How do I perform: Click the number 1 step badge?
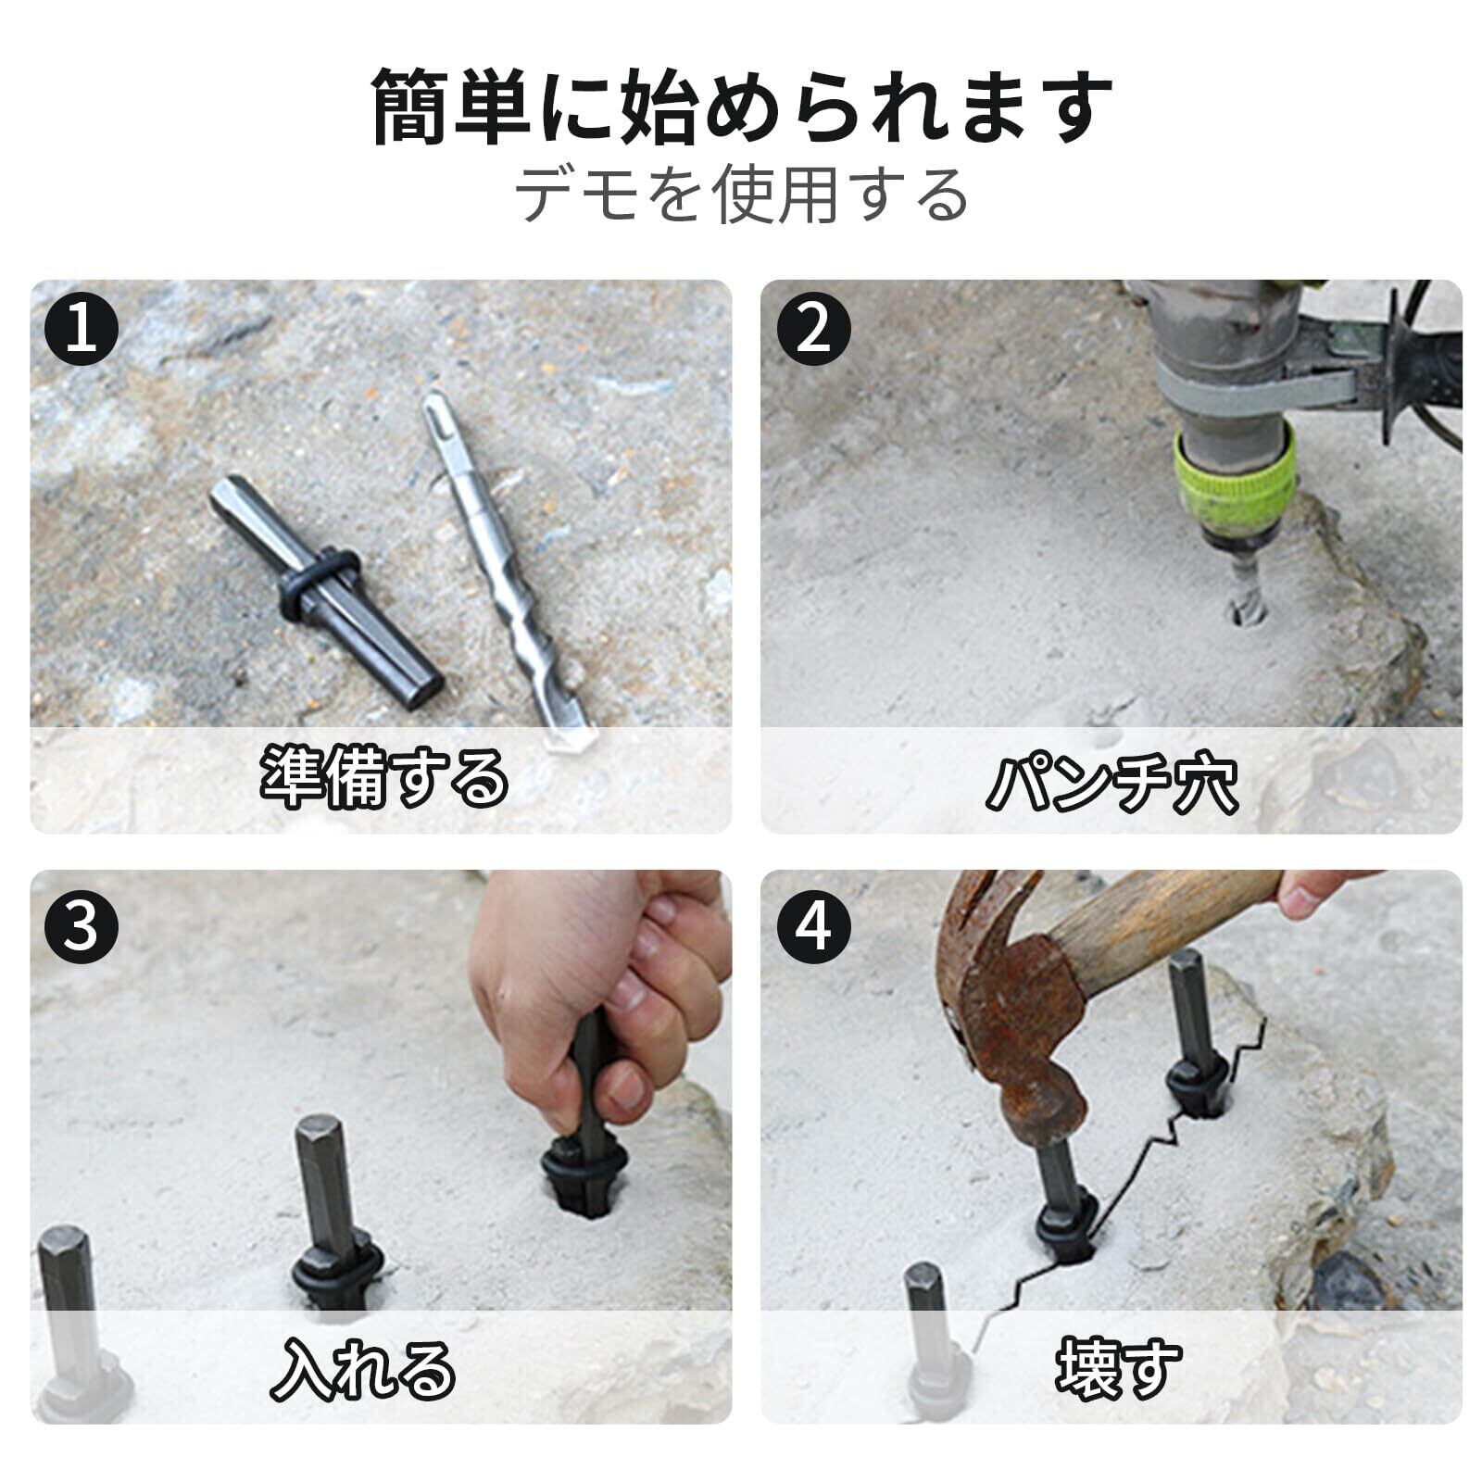pos(82,328)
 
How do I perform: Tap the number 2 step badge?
pos(813,328)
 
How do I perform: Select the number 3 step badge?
pos(82,926)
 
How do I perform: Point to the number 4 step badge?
pos(813,926)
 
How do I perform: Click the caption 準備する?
pos(383,776)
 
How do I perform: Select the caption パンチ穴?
pos(1111,784)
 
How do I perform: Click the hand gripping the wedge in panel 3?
pos(602,991)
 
